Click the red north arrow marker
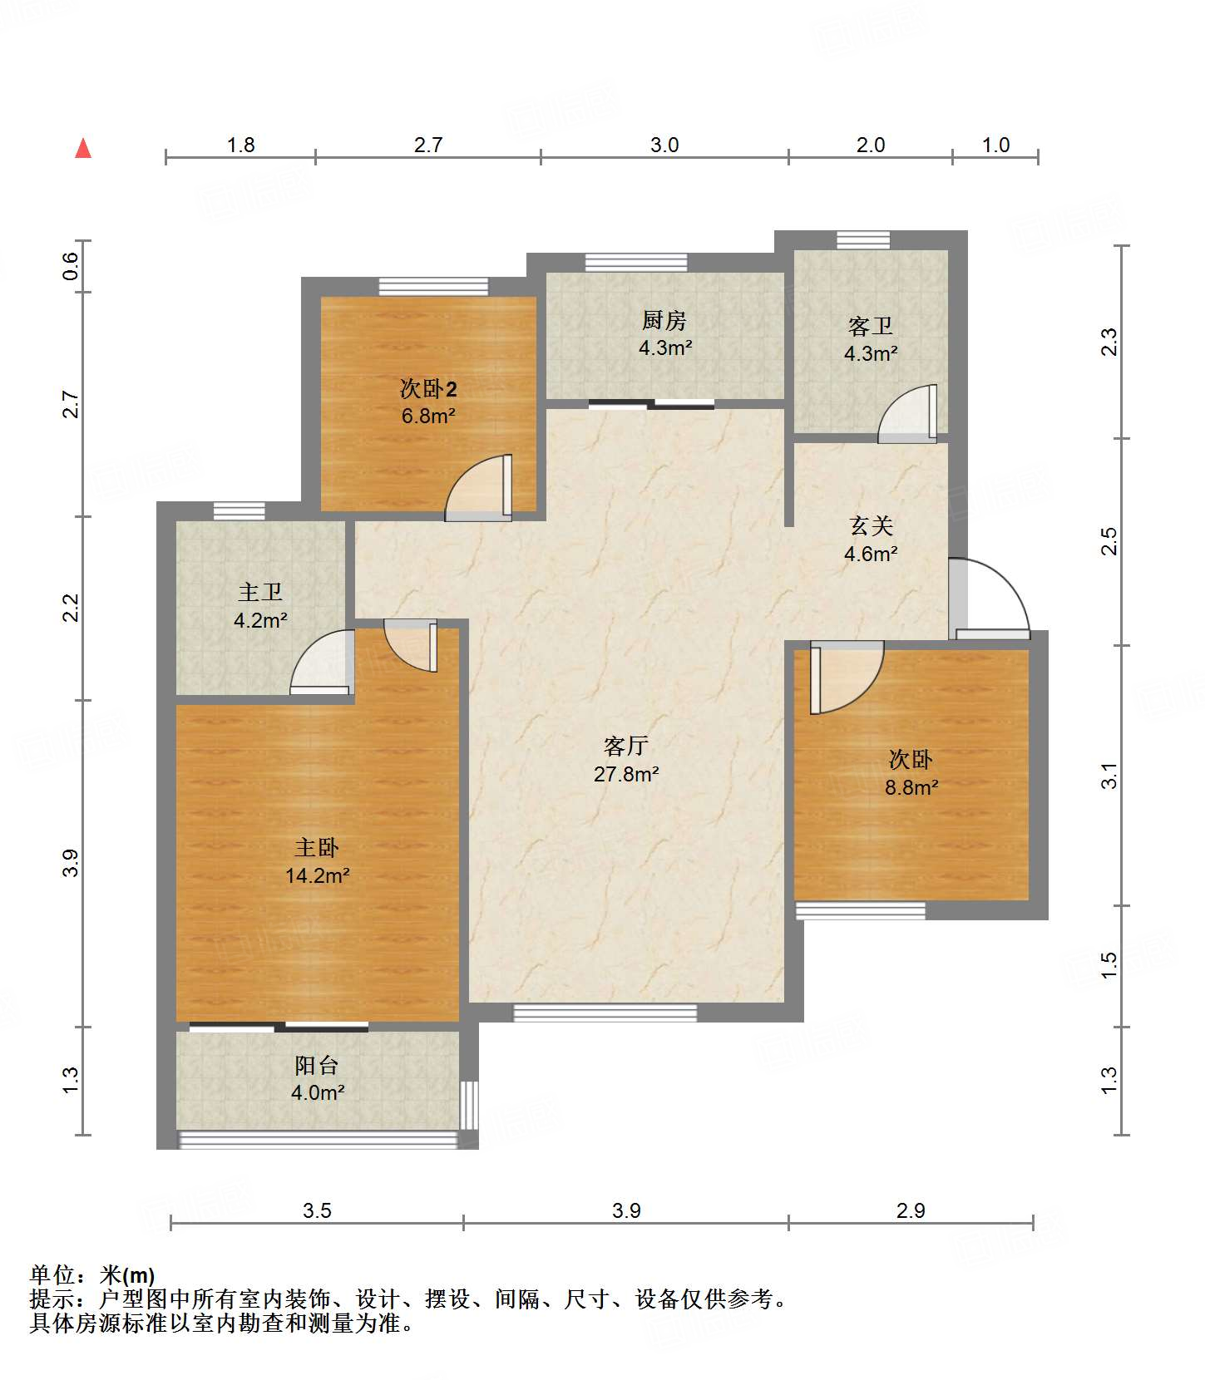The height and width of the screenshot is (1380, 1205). (83, 148)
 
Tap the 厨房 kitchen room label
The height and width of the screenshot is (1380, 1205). (664, 320)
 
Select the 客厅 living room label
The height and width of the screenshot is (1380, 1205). (626, 746)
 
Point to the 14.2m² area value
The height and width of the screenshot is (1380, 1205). (317, 875)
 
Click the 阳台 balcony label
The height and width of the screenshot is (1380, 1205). (317, 1065)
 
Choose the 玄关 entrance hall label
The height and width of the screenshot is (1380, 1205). (871, 525)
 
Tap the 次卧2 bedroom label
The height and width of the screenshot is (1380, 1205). (428, 388)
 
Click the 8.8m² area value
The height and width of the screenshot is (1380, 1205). (911, 787)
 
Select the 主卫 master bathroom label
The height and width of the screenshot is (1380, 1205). (260, 592)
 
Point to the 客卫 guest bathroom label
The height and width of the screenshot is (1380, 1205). (871, 325)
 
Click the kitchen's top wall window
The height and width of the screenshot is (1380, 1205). (636, 262)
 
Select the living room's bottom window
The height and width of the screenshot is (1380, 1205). (605, 1013)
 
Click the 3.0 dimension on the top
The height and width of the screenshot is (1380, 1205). (664, 145)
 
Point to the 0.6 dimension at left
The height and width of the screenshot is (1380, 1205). (71, 266)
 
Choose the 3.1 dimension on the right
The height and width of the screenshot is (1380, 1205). (1109, 776)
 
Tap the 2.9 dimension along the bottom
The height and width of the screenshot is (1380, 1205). (911, 1210)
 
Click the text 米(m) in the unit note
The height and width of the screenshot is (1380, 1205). (127, 1274)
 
